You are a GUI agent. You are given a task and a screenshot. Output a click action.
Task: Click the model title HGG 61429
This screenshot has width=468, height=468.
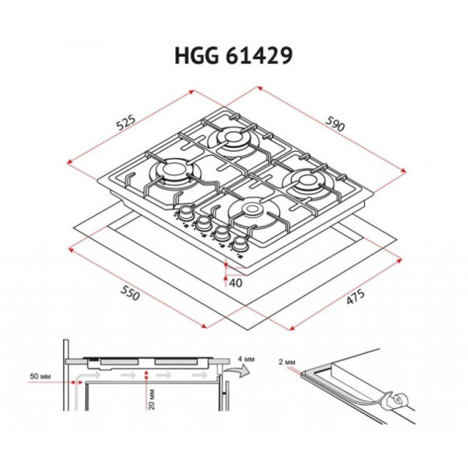(234, 56)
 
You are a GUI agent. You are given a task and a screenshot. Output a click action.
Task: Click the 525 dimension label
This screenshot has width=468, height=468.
(126, 123)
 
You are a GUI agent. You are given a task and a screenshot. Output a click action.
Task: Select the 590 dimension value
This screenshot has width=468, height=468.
(335, 123)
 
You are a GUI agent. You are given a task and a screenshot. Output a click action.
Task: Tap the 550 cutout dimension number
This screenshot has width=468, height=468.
(130, 293)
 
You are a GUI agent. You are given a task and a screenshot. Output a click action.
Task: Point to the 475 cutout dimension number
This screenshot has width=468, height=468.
(356, 297)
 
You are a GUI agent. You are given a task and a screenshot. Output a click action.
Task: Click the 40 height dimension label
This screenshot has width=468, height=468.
(235, 282)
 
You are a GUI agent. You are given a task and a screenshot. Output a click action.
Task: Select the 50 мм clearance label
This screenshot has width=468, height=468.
(40, 376)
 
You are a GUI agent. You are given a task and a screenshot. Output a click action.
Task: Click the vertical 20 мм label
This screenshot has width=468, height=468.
(152, 399)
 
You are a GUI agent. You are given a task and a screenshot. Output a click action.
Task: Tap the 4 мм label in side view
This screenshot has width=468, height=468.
(246, 359)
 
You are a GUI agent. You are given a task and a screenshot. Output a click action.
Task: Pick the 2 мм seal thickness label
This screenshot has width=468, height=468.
(287, 362)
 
